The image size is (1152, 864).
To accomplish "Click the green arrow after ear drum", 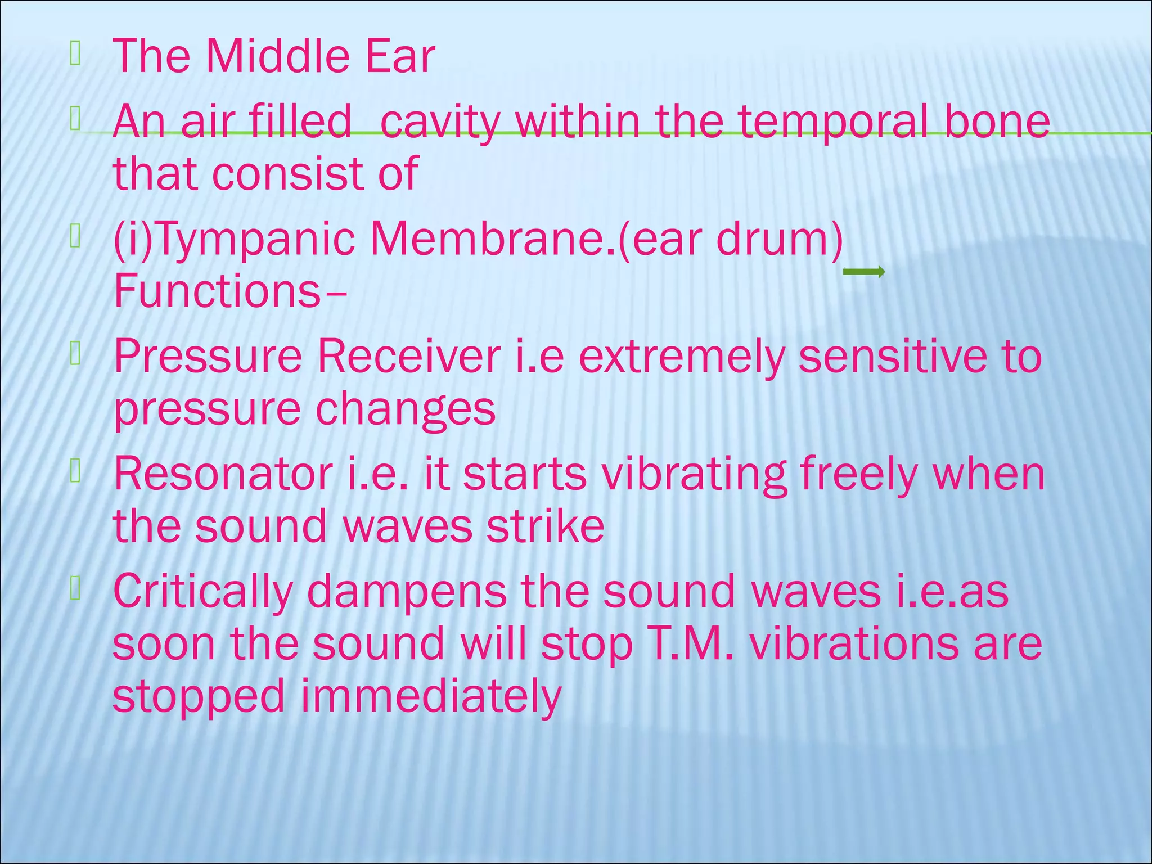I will [x=863, y=272].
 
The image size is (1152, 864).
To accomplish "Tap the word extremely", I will [x=681, y=358].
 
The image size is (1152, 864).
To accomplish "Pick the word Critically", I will [x=203, y=592].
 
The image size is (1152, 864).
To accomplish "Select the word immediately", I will [x=431, y=697].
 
